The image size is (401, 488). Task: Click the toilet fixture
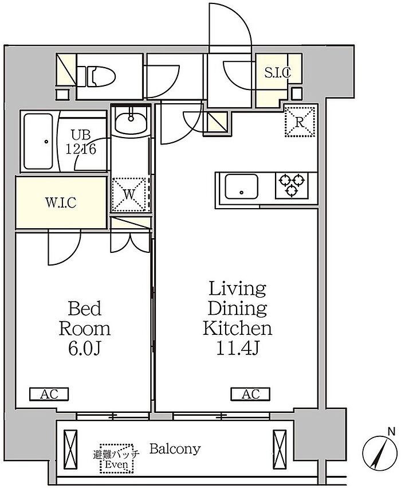coord(96,76)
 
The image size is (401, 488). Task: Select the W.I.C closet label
coord(61,202)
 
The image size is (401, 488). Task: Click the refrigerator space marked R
coord(300,122)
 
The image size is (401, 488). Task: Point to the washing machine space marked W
coord(129,194)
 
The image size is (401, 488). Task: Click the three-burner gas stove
coord(292,185)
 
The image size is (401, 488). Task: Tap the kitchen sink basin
coord(241,186)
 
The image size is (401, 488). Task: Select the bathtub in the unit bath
coord(38,141)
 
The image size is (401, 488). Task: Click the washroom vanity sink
coord(131,120)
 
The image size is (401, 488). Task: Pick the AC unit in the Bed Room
coord(49,394)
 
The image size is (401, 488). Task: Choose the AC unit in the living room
coord(250,394)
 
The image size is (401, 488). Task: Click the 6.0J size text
coord(84,349)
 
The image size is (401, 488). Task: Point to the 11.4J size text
coord(238,349)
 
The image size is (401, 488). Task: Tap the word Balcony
coord(175,449)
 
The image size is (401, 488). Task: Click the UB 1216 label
coord(81,142)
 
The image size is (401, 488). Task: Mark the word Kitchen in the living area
coord(238,328)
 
